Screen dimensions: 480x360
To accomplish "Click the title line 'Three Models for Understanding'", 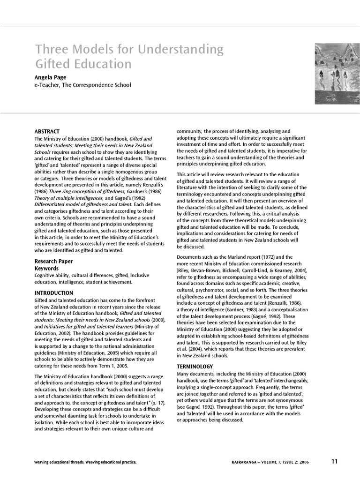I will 129,49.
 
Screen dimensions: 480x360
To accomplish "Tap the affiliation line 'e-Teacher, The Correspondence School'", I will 82,85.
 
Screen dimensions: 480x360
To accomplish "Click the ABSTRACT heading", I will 47,132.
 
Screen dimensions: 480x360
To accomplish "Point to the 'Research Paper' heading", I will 54,261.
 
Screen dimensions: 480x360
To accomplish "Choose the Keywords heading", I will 46,268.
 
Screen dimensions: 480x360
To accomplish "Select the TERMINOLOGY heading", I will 195,366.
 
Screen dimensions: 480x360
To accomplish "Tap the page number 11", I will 334,461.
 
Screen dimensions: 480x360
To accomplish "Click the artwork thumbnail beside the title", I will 334,74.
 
